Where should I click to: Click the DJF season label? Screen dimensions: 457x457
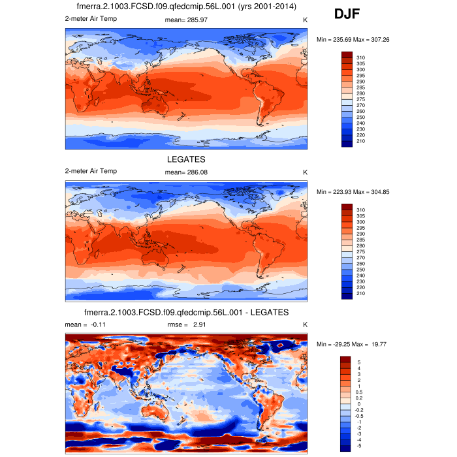pos(347,14)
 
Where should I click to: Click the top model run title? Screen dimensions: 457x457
pos(186,7)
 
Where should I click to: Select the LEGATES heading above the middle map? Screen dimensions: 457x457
pos(186,159)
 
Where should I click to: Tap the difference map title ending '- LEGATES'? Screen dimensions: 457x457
pos(186,312)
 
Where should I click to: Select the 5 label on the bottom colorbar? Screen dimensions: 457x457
pos(358,362)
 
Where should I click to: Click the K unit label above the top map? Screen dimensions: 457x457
pos(305,20)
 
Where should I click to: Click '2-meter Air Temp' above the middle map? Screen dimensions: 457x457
pos(91,171)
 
